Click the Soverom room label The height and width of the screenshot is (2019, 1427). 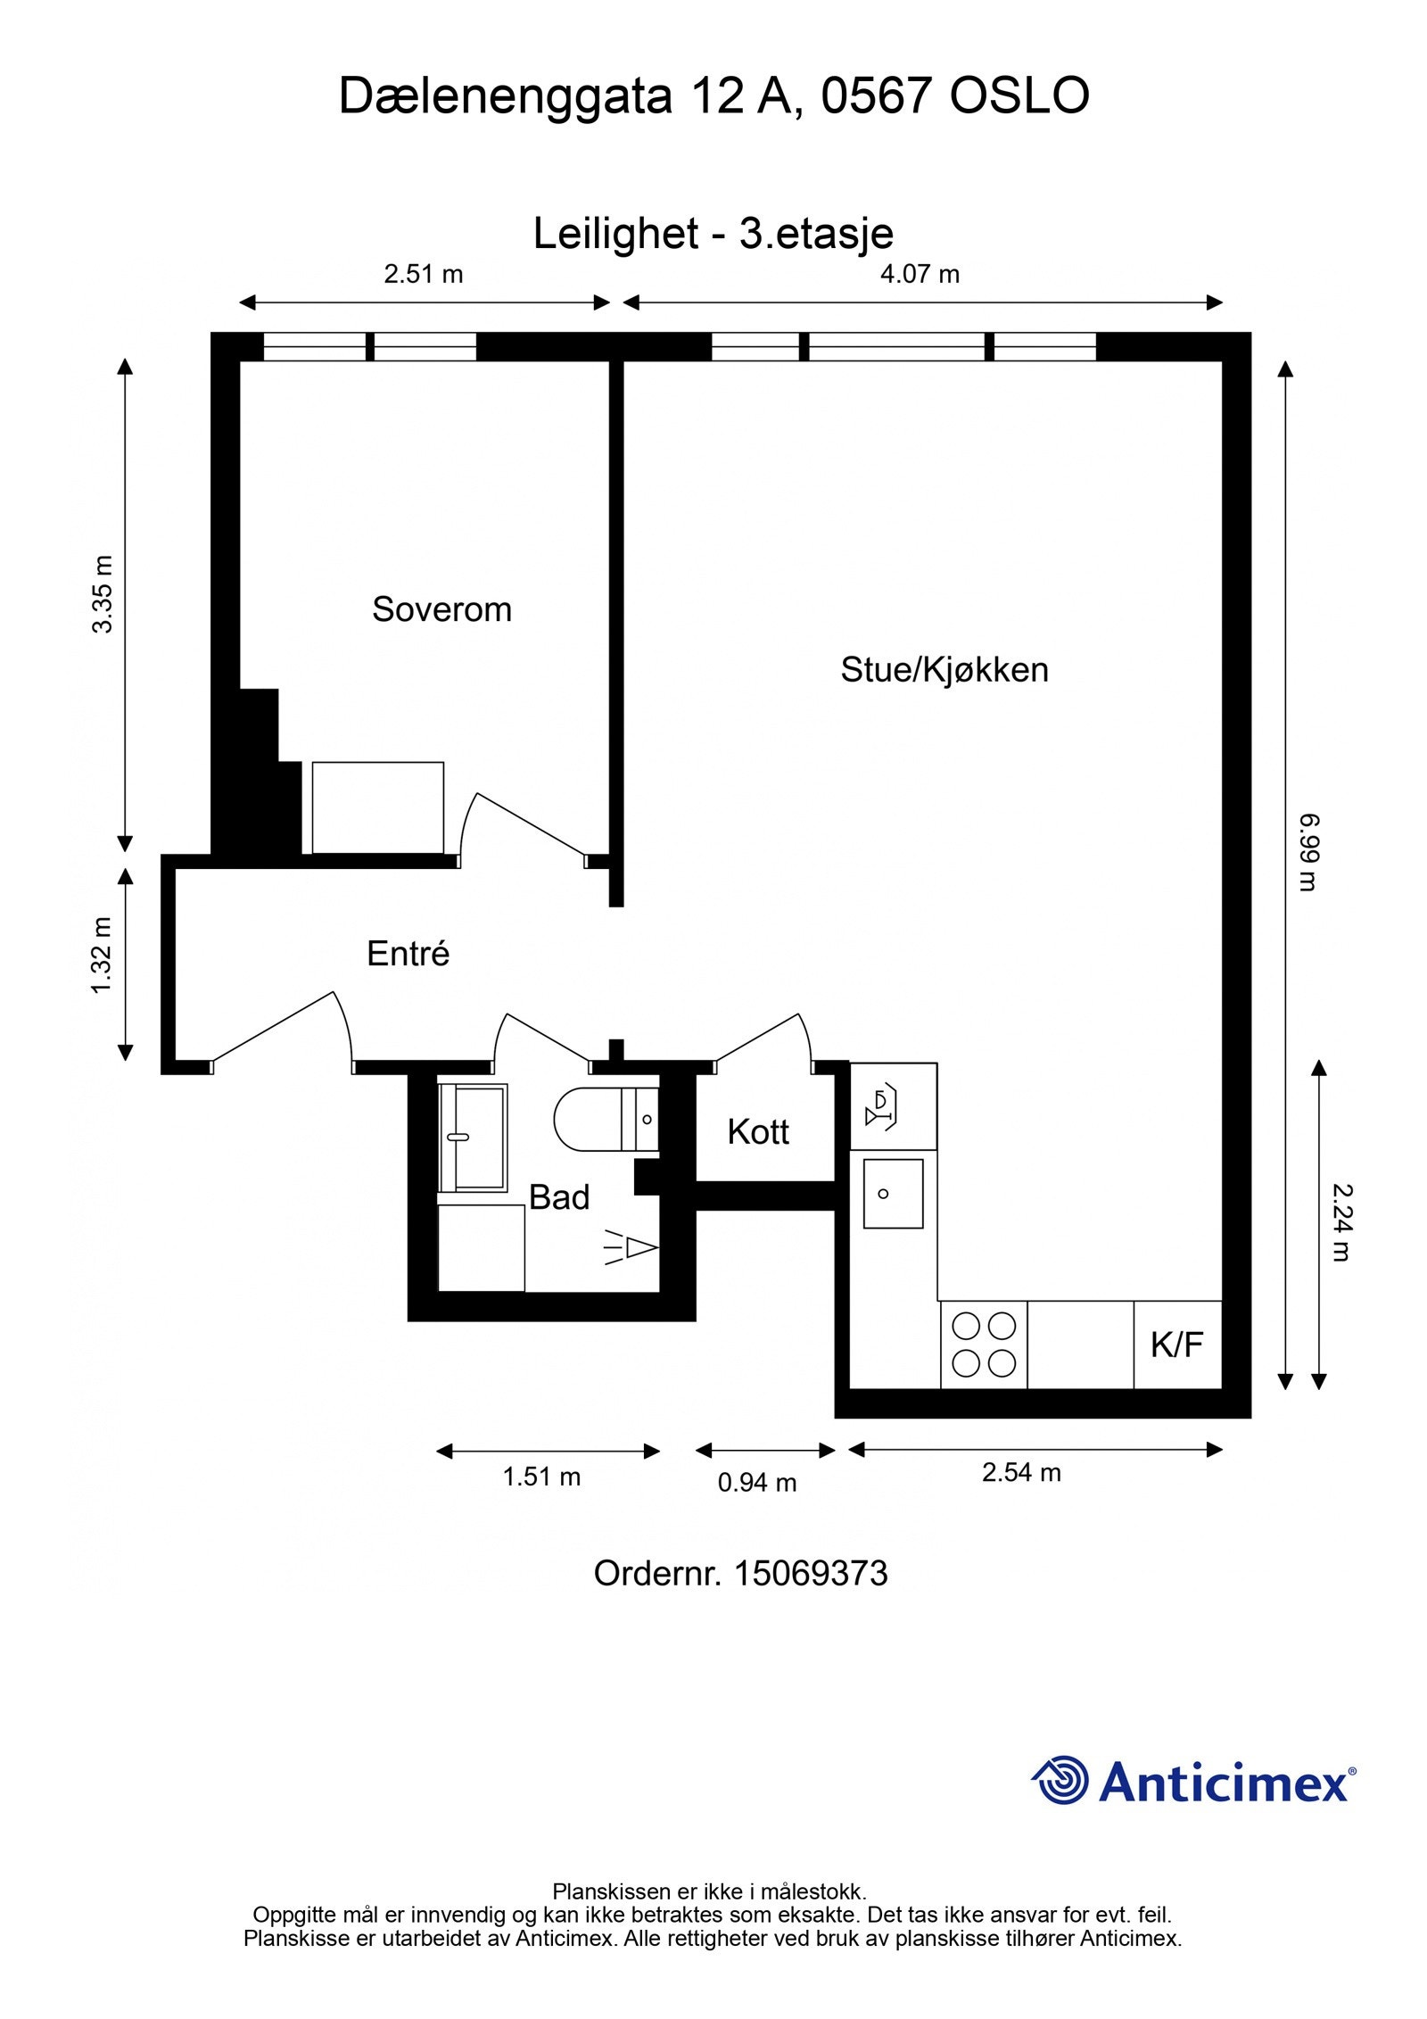tap(441, 609)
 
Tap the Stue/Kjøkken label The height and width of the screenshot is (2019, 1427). tap(944, 669)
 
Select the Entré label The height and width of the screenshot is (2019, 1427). tap(408, 954)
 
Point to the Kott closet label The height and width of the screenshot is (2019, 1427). tap(758, 1131)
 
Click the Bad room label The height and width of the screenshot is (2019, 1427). tap(559, 1197)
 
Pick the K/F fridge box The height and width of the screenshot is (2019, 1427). tap(1177, 1345)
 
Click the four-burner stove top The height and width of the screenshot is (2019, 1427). tap(984, 1345)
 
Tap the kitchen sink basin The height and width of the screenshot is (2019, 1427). tap(893, 1194)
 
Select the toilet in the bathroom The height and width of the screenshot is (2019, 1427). tap(606, 1120)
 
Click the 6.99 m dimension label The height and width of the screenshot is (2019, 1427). tap(1307, 852)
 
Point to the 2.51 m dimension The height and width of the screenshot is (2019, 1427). tap(424, 274)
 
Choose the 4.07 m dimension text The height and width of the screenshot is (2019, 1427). tap(920, 274)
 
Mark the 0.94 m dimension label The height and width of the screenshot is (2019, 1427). tap(757, 1482)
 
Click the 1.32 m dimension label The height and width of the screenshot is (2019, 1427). tap(103, 955)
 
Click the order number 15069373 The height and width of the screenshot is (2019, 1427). tap(810, 1573)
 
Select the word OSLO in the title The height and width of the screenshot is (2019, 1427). tap(1019, 95)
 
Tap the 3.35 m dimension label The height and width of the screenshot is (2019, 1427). tap(103, 594)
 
